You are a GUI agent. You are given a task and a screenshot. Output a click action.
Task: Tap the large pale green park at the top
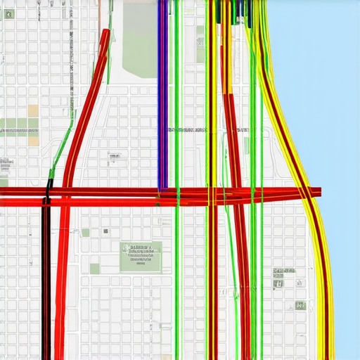click(139, 42)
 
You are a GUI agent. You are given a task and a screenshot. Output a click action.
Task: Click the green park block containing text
click(141, 257)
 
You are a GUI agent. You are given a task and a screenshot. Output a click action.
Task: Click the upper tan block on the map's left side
click(33, 111)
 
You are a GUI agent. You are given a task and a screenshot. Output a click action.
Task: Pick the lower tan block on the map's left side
click(33, 139)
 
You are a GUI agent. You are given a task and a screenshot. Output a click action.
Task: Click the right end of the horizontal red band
click(318, 191)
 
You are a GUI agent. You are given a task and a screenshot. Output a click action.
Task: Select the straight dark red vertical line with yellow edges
click(212, 281)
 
